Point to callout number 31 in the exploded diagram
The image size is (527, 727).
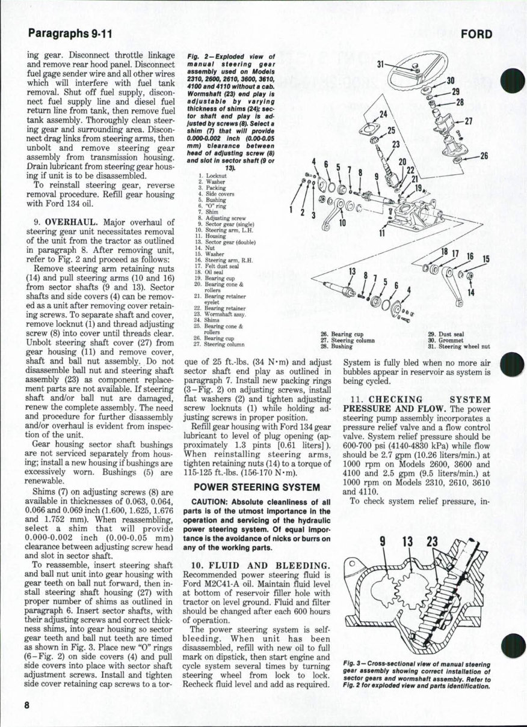(x=380, y=64)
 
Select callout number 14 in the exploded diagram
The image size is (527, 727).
(x=471, y=293)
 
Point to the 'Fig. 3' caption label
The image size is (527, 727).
(x=352, y=663)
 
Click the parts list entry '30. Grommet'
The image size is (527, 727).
(x=444, y=340)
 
